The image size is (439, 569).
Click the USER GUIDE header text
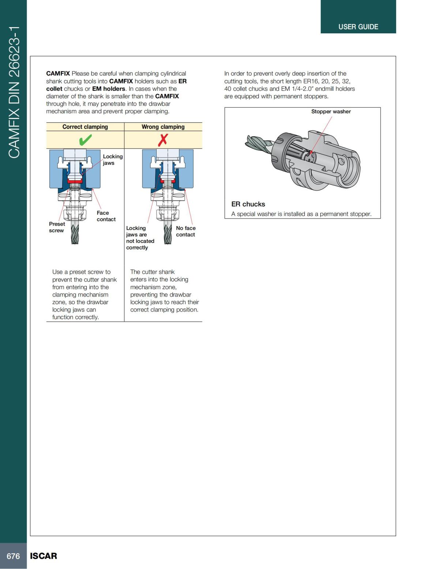tap(358, 27)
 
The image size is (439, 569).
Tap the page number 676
tap(13, 556)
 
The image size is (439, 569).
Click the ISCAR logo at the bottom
tap(44, 556)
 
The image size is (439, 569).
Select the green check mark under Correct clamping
tap(85, 140)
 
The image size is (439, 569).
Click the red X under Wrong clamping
tap(163, 140)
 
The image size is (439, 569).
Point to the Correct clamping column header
tap(85, 127)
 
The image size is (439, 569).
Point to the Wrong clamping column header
tap(163, 127)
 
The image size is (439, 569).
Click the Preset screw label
tap(57, 227)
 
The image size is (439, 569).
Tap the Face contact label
tap(106, 216)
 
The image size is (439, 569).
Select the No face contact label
tap(186, 231)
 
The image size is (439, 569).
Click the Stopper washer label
tap(331, 111)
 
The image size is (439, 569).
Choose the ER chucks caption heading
tap(248, 204)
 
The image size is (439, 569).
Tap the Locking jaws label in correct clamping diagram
tap(112, 159)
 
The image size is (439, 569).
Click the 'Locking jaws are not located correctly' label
tap(140, 238)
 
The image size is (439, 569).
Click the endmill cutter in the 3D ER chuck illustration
tap(258, 143)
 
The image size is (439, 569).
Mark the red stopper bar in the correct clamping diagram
tap(75, 181)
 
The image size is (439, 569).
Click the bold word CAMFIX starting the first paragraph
tap(58, 73)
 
